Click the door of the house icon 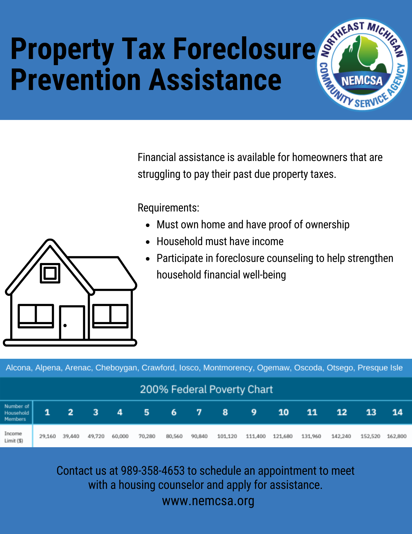(x=72, y=323)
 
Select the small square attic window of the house (x=50, y=273)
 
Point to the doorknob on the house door (x=65, y=325)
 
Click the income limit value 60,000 (x=120, y=436)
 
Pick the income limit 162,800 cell (x=397, y=436)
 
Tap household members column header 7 (x=199, y=412)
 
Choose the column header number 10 (x=283, y=412)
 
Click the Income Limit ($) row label (x=14, y=437)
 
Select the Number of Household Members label (x=17, y=413)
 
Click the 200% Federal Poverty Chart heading (x=206, y=389)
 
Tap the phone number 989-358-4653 (x=153, y=471)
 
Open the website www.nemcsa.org (x=208, y=501)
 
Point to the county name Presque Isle (x=380, y=368)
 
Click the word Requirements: (x=168, y=208)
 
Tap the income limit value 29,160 (x=47, y=436)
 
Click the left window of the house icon (x=36, y=316)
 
